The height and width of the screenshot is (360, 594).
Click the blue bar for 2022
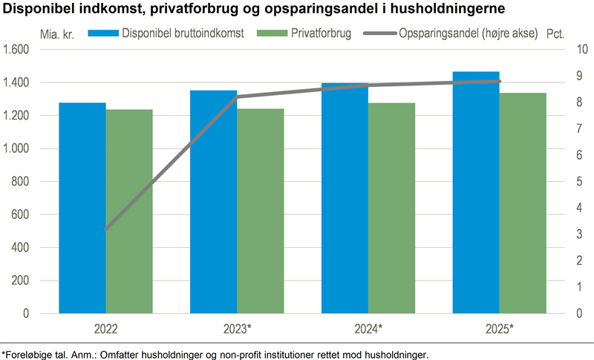(82, 208)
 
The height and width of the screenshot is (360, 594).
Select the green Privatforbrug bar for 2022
(129, 212)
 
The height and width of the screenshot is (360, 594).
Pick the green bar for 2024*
(391, 208)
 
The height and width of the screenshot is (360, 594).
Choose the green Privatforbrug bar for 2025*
(523, 203)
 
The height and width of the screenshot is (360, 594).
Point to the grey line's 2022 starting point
(106, 230)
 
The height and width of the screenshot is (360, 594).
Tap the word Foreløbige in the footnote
(30, 353)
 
